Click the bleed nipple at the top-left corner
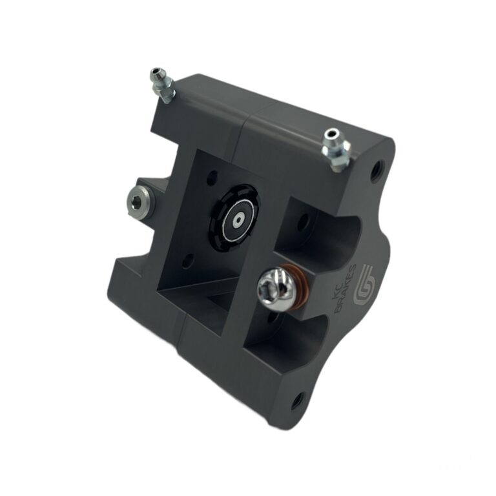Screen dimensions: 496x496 pos(161,85)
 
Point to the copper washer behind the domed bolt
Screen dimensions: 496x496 pos(304,282)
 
